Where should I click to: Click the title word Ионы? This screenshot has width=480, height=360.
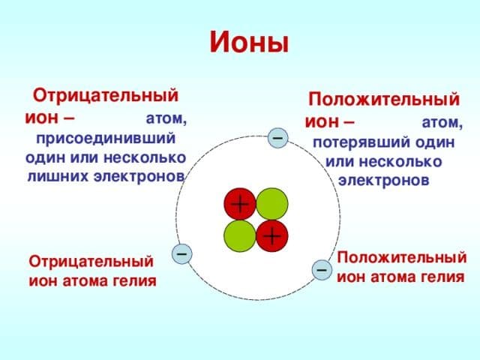point(248,42)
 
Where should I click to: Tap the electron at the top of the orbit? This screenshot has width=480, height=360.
point(277,138)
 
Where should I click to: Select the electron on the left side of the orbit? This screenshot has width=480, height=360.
point(181,253)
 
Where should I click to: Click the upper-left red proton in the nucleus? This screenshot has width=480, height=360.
point(239,203)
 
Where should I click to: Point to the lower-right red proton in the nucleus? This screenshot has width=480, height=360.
point(271,235)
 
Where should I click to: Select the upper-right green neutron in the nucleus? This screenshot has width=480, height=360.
point(271,203)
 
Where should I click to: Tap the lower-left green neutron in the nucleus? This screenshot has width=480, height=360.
point(239,235)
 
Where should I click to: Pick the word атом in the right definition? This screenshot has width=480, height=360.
point(442,122)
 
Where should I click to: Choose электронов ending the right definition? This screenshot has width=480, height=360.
point(383,181)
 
